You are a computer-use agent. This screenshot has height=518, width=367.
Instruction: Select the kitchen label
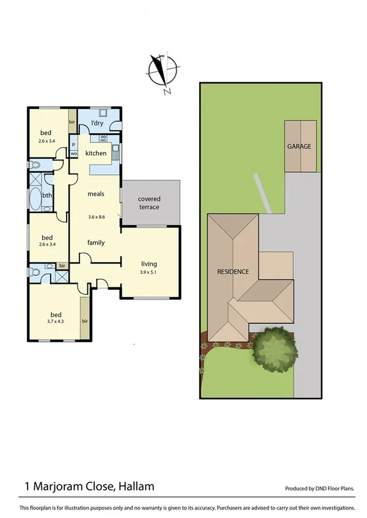[96, 153]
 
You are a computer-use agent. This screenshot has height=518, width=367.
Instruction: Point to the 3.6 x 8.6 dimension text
[96, 217]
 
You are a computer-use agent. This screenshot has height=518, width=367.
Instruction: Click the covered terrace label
[148, 203]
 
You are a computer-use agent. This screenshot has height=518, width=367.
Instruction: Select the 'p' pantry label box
[73, 145]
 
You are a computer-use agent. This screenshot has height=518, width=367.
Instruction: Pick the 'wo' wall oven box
[74, 154]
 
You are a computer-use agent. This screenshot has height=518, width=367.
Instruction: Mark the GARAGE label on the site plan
[300, 146]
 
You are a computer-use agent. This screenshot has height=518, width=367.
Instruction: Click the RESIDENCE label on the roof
[233, 272]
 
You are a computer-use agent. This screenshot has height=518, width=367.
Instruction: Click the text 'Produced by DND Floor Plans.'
[319, 489]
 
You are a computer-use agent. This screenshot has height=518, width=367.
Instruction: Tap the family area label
[96, 242]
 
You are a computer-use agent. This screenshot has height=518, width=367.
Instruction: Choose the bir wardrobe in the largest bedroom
[84, 320]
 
